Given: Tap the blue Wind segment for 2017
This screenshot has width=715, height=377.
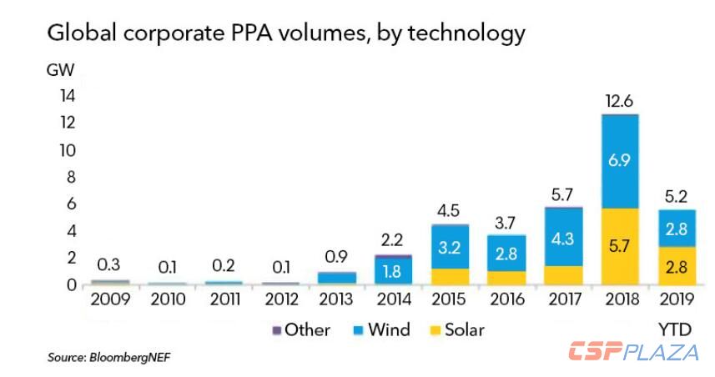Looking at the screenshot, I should pos(561,237).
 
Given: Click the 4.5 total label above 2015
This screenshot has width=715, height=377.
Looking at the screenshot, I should pos(449,210).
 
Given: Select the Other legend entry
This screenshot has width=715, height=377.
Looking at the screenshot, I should pos(301,329).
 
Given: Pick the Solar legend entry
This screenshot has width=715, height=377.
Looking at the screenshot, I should pos(458,329).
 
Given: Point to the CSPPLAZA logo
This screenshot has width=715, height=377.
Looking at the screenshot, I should pos(633,351).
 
